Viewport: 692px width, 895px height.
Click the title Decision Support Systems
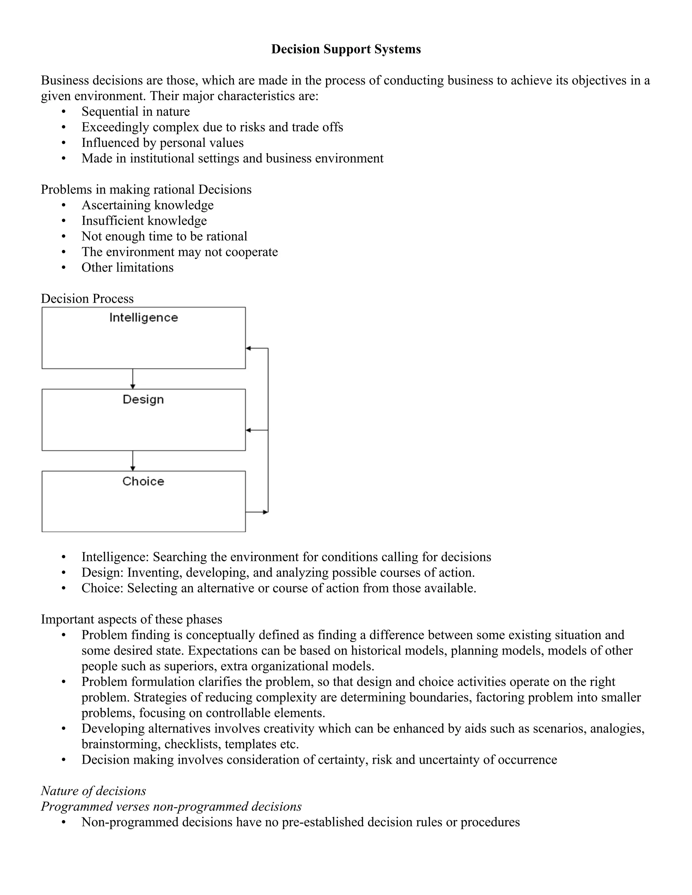pos(346,49)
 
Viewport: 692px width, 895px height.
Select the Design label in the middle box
pos(143,400)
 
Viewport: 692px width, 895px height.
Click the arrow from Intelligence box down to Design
pos(132,379)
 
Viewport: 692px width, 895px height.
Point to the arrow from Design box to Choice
pos(132,461)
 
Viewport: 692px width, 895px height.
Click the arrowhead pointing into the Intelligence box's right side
pos(248,348)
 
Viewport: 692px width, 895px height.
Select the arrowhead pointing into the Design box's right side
pos(248,430)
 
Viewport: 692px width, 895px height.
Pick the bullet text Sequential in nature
pos(135,111)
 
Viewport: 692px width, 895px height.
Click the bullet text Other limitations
pos(127,267)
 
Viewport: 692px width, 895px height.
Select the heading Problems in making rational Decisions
pos(146,189)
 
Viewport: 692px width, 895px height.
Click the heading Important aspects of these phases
pos(131,619)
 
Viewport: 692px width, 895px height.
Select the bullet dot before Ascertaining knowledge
pos(64,205)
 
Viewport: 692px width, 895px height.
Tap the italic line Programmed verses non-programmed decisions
pos(171,807)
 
